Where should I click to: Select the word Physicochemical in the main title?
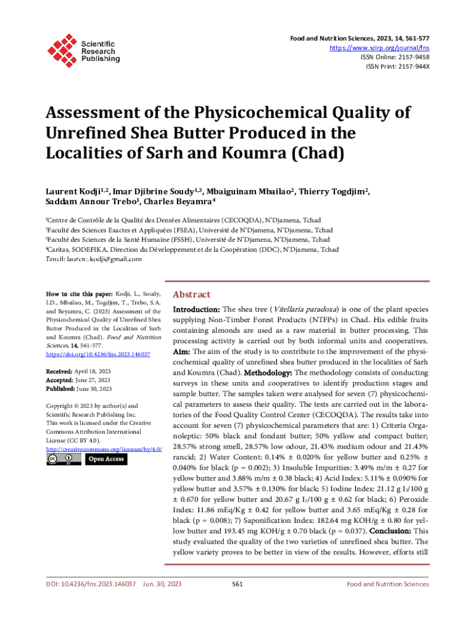tap(264, 113)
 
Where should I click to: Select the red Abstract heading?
tap(191, 294)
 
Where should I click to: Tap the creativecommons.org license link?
tap(99, 449)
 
